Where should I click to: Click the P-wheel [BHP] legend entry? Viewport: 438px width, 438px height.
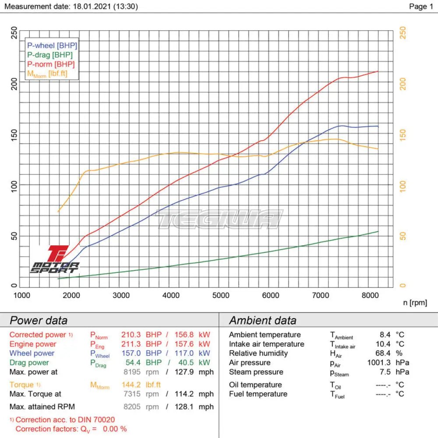point(52,45)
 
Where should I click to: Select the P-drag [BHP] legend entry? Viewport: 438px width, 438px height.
point(50,55)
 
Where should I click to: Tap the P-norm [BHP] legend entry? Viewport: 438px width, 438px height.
point(51,64)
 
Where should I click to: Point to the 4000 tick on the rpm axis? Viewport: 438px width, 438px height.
point(170,295)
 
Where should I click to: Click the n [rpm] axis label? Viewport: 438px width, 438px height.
point(414,303)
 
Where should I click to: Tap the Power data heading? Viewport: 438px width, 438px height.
point(39,320)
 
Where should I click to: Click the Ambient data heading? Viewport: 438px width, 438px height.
point(262,320)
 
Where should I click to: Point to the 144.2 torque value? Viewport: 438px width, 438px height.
point(131,385)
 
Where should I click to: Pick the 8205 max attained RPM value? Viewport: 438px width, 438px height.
point(132,406)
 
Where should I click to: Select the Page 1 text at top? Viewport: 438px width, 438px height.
point(420,6)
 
